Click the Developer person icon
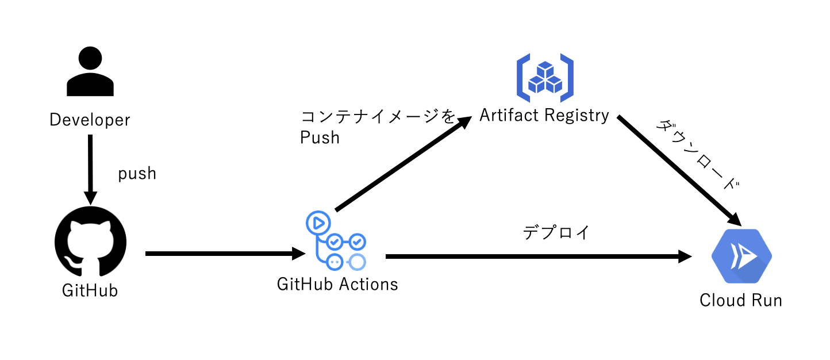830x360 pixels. pos(90,71)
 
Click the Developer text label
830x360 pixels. pos(90,120)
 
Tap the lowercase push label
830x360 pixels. pos(137,174)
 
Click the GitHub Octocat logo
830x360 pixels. pos(90,242)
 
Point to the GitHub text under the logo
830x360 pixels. pos(90,290)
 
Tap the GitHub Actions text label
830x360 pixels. pos(337,284)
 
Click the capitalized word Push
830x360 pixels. pos(320,137)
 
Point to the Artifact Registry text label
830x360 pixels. pos(544,116)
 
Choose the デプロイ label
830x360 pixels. pos(556,233)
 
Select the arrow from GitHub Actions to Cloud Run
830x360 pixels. pos(538,256)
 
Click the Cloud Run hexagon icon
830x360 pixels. pos(741,257)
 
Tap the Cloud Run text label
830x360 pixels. pos(741,300)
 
